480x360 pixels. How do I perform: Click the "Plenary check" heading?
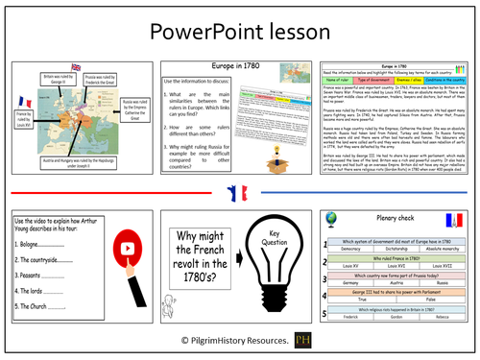click(401, 221)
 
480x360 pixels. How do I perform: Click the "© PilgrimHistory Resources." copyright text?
click(229, 342)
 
